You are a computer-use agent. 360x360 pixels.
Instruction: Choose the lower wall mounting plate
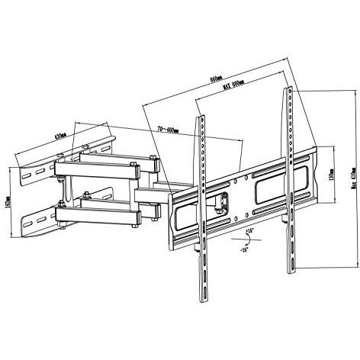(34, 220)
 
